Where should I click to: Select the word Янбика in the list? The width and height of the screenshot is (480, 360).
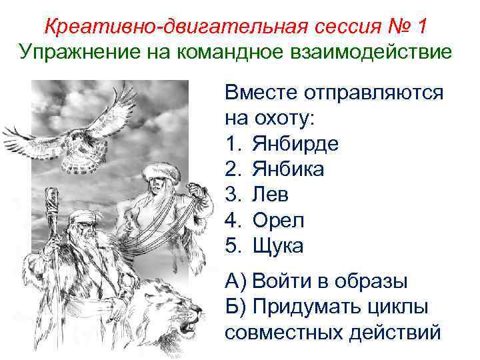click(x=289, y=170)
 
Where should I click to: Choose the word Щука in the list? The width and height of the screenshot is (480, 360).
click(x=278, y=246)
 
